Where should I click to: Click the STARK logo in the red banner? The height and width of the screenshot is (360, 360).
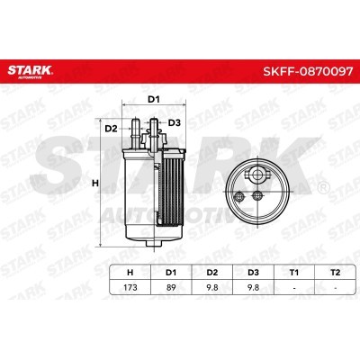click(30, 71)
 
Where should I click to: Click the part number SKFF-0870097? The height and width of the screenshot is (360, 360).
click(308, 71)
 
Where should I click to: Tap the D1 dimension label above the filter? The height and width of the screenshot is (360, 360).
click(154, 100)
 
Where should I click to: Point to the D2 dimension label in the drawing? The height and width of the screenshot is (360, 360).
click(111, 129)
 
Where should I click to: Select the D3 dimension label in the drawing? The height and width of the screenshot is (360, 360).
click(174, 122)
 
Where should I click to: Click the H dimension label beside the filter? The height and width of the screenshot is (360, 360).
click(95, 183)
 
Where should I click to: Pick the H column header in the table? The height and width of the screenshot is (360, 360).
click(130, 273)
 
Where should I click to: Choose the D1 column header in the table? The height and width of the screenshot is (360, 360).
click(171, 273)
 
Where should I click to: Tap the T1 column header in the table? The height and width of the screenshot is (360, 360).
click(294, 273)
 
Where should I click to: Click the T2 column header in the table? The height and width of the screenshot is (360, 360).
click(335, 273)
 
